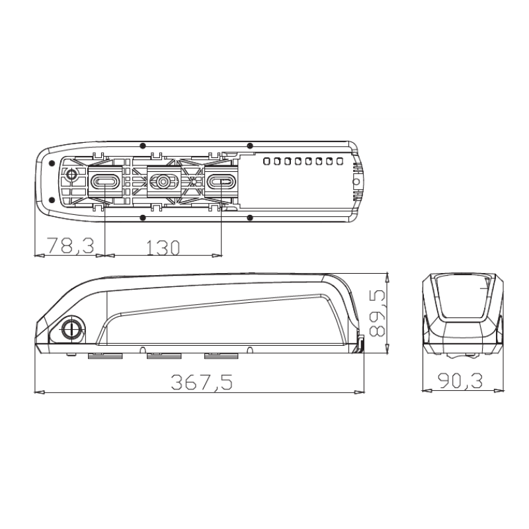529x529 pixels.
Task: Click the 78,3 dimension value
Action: [x=67, y=247]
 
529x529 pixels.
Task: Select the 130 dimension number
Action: [x=162, y=247]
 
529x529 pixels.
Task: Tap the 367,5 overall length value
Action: [x=201, y=382]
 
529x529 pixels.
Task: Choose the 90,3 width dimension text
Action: [x=460, y=381]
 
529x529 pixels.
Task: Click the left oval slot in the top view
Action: [x=105, y=181]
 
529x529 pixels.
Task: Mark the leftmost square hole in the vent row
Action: [x=266, y=161]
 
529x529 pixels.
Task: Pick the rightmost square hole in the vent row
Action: [x=339, y=161]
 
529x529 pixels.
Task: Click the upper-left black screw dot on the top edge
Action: [x=143, y=145]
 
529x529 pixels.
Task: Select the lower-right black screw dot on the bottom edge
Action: [x=249, y=217]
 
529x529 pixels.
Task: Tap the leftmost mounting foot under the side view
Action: [x=105, y=356]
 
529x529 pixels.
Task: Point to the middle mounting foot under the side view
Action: [x=163, y=356]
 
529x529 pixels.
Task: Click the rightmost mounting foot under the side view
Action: [x=221, y=356]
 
